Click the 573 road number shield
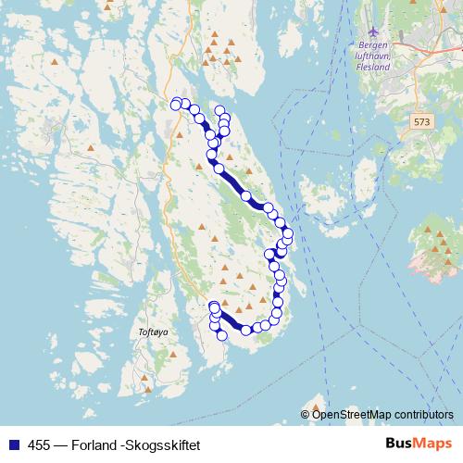pyautogui.click(x=423, y=121)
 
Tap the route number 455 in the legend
pyautogui.click(x=40, y=444)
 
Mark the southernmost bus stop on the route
pyautogui.click(x=222, y=335)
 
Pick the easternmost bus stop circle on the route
pyautogui.click(x=288, y=233)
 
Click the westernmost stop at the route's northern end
pyautogui.click(x=176, y=105)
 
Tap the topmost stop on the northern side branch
pyautogui.click(x=219, y=111)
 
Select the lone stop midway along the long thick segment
pyautogui.click(x=246, y=195)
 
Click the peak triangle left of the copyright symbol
pyautogui.click(x=316, y=404)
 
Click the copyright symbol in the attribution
pyautogui.click(x=307, y=414)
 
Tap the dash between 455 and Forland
pyautogui.click(x=61, y=444)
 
